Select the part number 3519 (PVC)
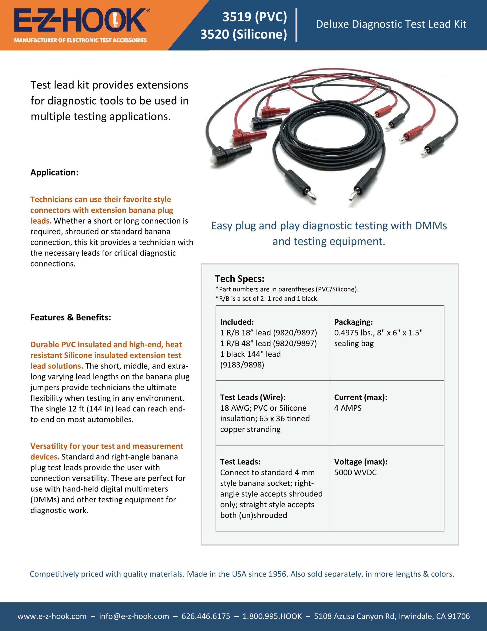(255, 17)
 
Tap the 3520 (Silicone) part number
(244, 34)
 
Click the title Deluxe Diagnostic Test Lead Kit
(391, 24)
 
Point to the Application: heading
(54, 173)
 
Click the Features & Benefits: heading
(71, 317)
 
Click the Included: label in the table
(237, 322)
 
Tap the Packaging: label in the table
(353, 322)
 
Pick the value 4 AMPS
(348, 408)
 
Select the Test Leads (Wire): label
(253, 397)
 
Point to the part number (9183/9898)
(242, 365)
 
